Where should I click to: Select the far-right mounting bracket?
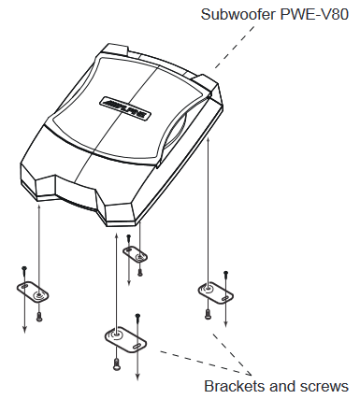pos(213,292)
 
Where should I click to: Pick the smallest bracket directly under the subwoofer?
pos(137,254)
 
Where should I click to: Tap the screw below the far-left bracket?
pos(39,316)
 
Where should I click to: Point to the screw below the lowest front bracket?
pos(115,363)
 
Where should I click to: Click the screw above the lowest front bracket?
pos(137,318)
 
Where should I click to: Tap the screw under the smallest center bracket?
pos(139,272)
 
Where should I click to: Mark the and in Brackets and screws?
pos(281,385)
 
